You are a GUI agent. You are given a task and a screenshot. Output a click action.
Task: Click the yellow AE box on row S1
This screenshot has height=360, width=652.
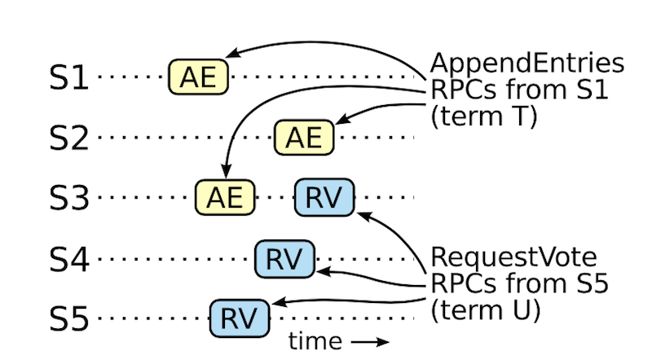pos(198,77)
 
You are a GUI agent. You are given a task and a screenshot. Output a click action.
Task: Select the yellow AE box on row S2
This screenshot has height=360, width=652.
pos(304,137)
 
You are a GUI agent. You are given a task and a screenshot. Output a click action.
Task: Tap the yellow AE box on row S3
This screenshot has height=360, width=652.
pos(225,197)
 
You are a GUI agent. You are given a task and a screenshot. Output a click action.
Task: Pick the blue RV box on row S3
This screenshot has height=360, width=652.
pos(324,197)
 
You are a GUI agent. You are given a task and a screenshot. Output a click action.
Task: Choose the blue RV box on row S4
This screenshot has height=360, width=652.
pos(284,258)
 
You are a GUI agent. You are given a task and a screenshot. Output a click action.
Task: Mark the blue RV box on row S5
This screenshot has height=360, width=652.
pos(240,318)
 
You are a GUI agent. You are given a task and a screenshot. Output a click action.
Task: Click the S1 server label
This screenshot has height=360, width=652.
pos(69,77)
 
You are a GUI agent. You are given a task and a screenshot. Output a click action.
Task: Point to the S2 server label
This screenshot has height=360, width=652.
pos(69,138)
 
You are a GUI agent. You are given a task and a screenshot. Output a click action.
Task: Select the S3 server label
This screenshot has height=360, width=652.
pos(69,197)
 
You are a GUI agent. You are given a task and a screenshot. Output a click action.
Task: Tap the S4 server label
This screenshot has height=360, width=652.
pos(69,259)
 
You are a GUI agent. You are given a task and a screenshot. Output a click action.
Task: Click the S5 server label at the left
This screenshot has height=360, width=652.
pos(69,318)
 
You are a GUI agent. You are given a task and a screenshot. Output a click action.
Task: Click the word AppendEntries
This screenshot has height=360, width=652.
pos(527,64)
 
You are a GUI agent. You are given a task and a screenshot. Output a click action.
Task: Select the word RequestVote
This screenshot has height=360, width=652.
pos(513,257)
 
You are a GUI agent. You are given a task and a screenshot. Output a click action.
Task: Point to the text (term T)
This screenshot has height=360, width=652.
pos(484,116)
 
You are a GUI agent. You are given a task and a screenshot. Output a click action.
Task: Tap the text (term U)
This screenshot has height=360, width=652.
pos(485,310)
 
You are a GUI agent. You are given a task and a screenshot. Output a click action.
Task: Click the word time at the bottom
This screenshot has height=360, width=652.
pos(315,341)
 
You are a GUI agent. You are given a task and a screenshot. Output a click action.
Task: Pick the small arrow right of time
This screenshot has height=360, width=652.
pos(370,342)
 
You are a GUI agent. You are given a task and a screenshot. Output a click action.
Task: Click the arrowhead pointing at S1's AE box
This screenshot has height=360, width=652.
pos(232,53)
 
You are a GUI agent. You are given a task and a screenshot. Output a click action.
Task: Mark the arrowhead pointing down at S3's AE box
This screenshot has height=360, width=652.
pos(226,171)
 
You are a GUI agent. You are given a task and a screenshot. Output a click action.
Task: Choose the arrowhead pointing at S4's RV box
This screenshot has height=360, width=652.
pos(324,272)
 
